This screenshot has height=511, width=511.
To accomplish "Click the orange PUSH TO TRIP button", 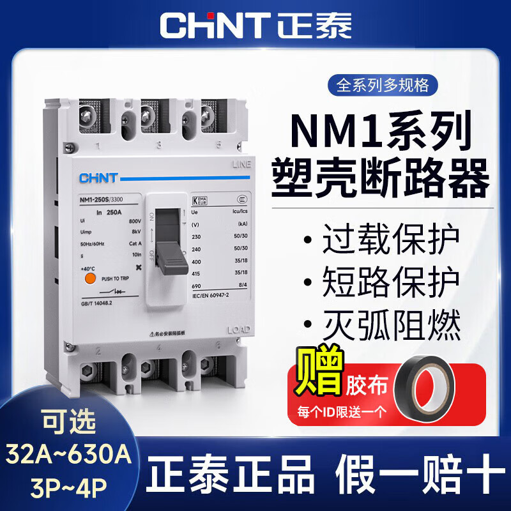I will coord(91,278).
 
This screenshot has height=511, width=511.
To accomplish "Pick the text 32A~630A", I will coord(68,455).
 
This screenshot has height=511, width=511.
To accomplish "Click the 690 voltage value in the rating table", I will coord(197,287).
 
